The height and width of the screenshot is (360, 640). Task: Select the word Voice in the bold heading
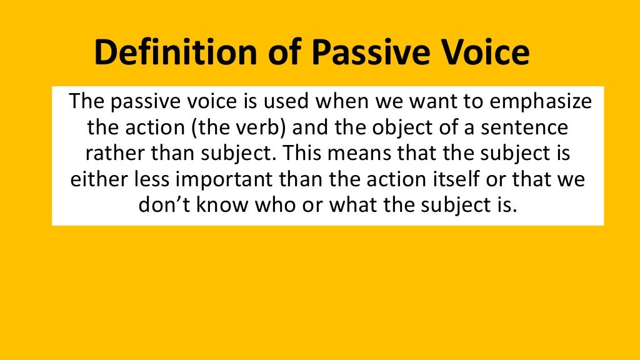pyautogui.click(x=481, y=54)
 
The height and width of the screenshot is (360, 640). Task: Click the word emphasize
pyautogui.click(x=537, y=101)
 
